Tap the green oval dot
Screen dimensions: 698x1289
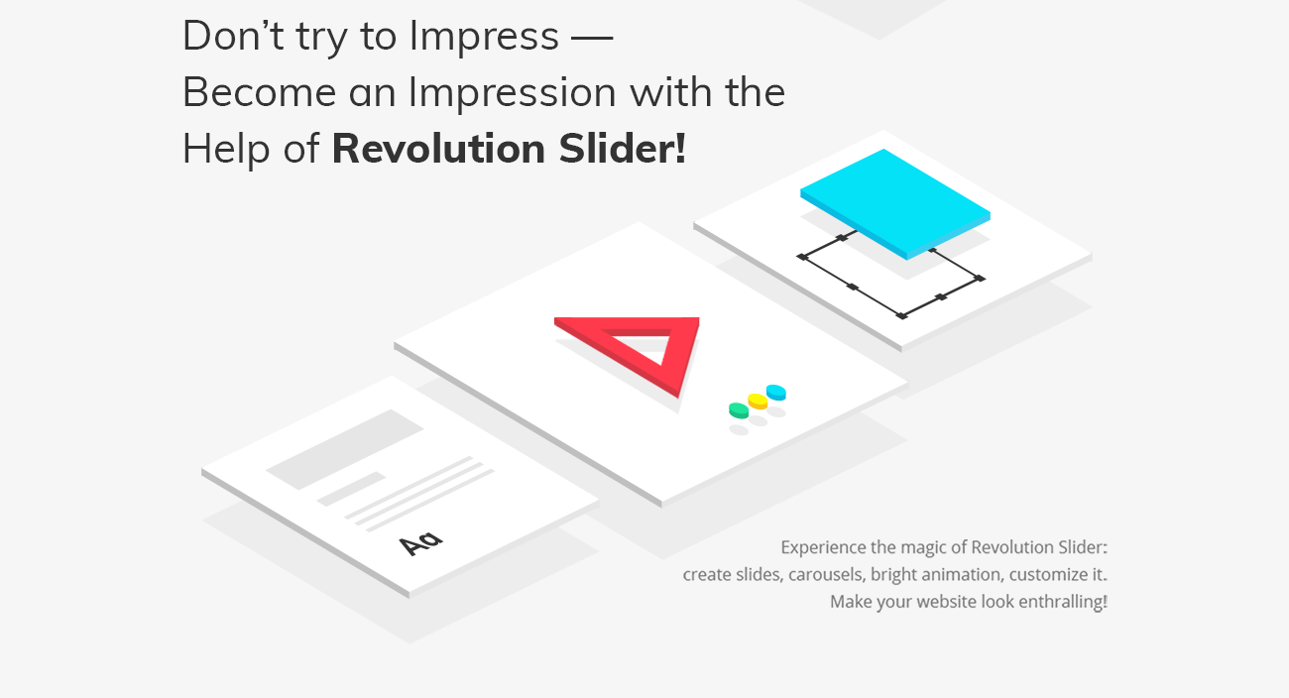[x=738, y=409]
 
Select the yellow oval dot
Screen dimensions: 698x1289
[x=758, y=401]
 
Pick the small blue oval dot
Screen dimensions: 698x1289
[x=776, y=392]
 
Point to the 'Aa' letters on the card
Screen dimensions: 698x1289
[x=420, y=542]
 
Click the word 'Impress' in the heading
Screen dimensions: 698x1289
[x=484, y=37]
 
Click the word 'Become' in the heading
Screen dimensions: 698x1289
[x=259, y=93]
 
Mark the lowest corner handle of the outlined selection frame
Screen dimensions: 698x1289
[x=901, y=315]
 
